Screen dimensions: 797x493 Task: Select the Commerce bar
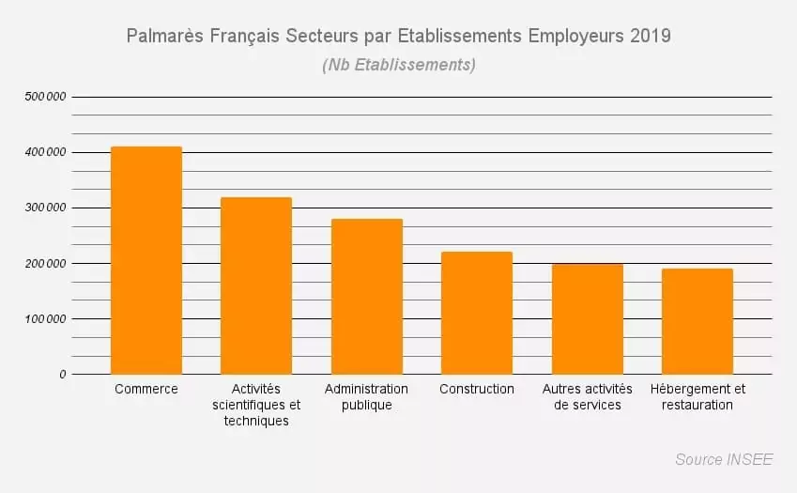[x=146, y=260]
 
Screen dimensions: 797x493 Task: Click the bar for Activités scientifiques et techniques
[x=256, y=285]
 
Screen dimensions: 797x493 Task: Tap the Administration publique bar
[x=367, y=297]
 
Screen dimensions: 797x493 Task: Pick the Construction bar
[x=477, y=313]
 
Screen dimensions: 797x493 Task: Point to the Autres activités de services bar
[x=588, y=319]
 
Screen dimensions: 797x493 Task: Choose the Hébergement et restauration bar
[x=697, y=321]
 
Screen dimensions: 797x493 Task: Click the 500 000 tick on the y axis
[x=45, y=97]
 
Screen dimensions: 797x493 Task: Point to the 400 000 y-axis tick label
[x=45, y=152]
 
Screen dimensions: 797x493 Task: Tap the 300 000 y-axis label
[x=45, y=208]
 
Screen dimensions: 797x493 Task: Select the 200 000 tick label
[x=45, y=263]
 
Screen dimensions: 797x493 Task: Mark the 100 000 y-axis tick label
[x=45, y=318]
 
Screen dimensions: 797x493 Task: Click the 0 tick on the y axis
[x=63, y=375]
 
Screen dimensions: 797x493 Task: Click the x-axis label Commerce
[x=146, y=389]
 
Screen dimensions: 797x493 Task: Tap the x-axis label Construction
[x=477, y=389]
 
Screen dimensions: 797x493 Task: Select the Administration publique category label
[x=366, y=397]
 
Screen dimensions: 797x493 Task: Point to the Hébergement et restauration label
[x=697, y=397]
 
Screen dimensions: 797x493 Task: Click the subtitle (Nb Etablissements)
[x=399, y=65]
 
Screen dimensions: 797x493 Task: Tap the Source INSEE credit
[x=724, y=459]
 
